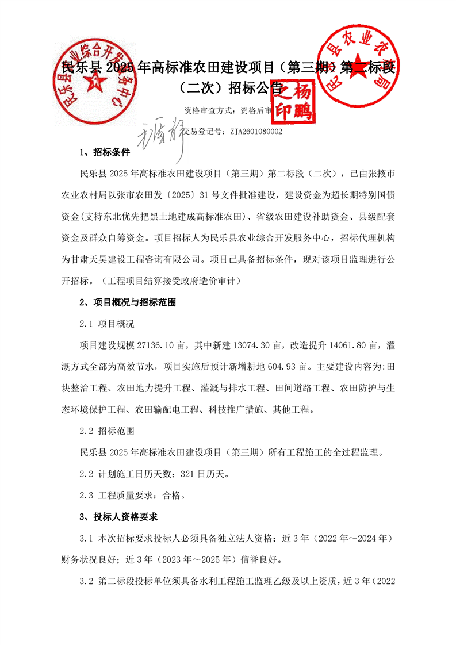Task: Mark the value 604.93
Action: pos(276,367)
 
